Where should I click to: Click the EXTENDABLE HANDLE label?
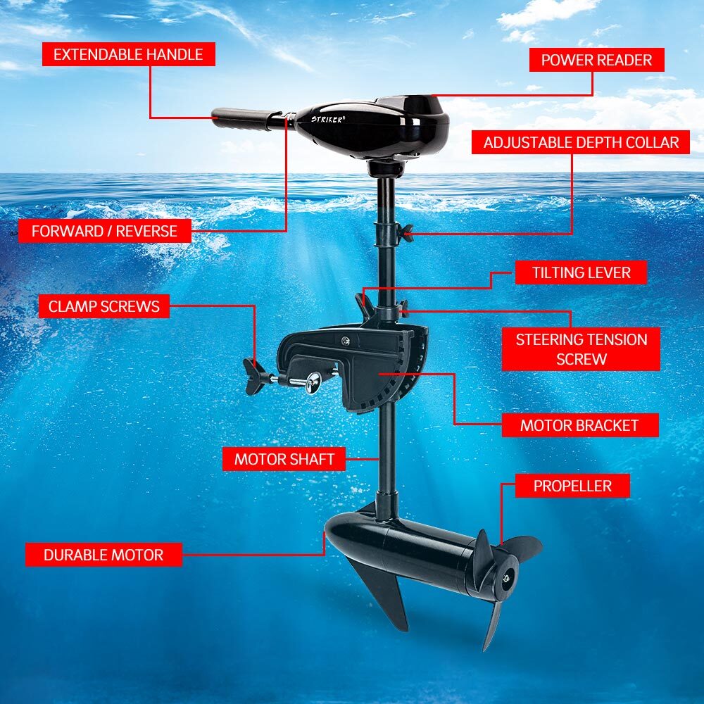point(128,54)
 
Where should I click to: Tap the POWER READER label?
point(596,60)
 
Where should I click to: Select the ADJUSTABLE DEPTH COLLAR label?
point(581,142)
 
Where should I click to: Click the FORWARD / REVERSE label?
point(104,230)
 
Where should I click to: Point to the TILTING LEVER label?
point(581,272)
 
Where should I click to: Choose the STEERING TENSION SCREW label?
point(581,348)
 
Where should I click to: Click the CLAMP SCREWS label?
point(104,306)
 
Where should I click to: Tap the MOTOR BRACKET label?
point(579,425)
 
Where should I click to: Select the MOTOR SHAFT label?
point(284,460)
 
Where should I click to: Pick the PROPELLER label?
point(572,486)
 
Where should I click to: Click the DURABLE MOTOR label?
point(103,555)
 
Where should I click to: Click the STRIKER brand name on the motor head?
point(328,120)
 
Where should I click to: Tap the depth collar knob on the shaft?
point(404,232)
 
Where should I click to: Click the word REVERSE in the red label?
point(146,230)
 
